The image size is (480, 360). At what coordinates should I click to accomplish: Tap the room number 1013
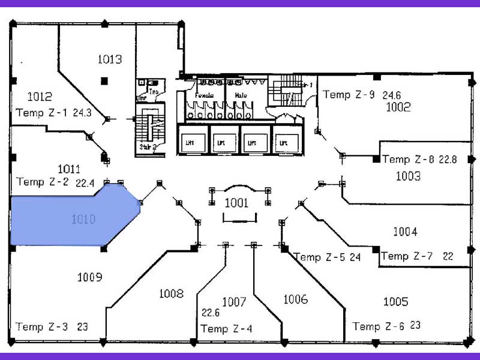pyautogui.click(x=109, y=59)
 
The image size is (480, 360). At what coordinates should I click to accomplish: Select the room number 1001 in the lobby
pyautogui.click(x=236, y=203)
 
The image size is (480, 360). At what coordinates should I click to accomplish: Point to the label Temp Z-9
pyautogui.click(x=349, y=94)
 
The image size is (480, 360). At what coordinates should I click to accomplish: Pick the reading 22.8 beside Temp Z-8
pyautogui.click(x=448, y=160)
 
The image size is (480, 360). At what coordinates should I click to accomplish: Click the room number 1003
pyautogui.click(x=408, y=176)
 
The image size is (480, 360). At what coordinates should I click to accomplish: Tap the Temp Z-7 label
pyautogui.click(x=406, y=256)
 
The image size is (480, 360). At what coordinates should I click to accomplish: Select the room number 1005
pyautogui.click(x=395, y=301)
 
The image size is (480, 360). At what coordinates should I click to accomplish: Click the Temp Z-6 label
pyautogui.click(x=379, y=326)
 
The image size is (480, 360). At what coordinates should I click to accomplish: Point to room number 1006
pyautogui.click(x=295, y=299)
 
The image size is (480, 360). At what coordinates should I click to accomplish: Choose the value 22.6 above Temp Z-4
pyautogui.click(x=211, y=312)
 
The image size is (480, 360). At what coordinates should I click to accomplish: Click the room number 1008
pyautogui.click(x=171, y=293)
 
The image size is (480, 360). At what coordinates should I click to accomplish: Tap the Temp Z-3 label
pyautogui.click(x=41, y=327)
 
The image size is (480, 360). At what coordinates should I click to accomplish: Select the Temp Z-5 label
pyautogui.click(x=319, y=257)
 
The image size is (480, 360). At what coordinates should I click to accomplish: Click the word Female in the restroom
pyautogui.click(x=205, y=95)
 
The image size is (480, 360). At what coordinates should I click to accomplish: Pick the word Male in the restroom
pyautogui.click(x=241, y=95)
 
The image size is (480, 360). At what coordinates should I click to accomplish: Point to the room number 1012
pyautogui.click(x=40, y=96)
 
